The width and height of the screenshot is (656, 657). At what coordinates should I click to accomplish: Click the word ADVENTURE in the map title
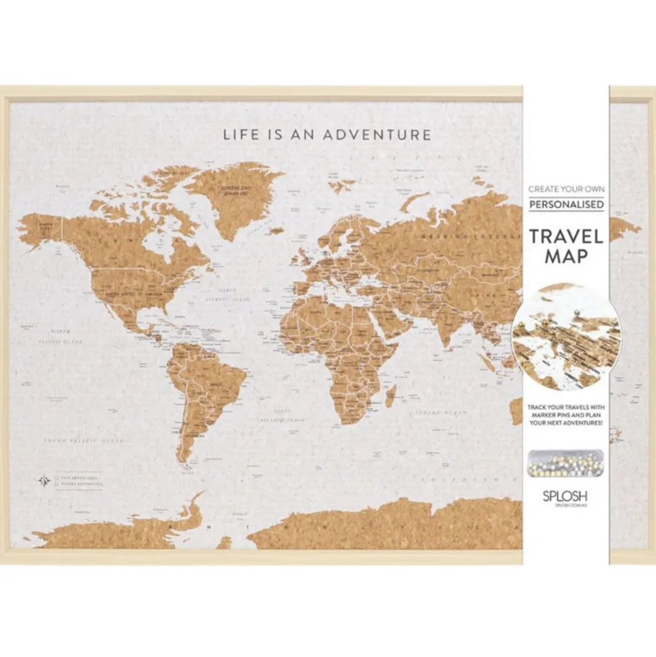tap(377, 135)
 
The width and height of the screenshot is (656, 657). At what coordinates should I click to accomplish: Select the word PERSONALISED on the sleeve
tap(566, 204)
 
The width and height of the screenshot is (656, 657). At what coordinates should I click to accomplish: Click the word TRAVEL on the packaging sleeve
tap(565, 236)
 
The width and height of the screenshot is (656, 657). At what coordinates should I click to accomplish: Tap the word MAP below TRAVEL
tap(566, 257)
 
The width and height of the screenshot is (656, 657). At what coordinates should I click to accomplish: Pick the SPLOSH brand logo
tap(565, 494)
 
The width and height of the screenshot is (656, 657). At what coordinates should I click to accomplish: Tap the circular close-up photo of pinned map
tap(566, 336)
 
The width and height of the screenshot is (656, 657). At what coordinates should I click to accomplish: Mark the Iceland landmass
tap(275, 230)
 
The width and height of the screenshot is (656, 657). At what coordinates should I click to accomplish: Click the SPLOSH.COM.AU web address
tap(565, 504)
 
